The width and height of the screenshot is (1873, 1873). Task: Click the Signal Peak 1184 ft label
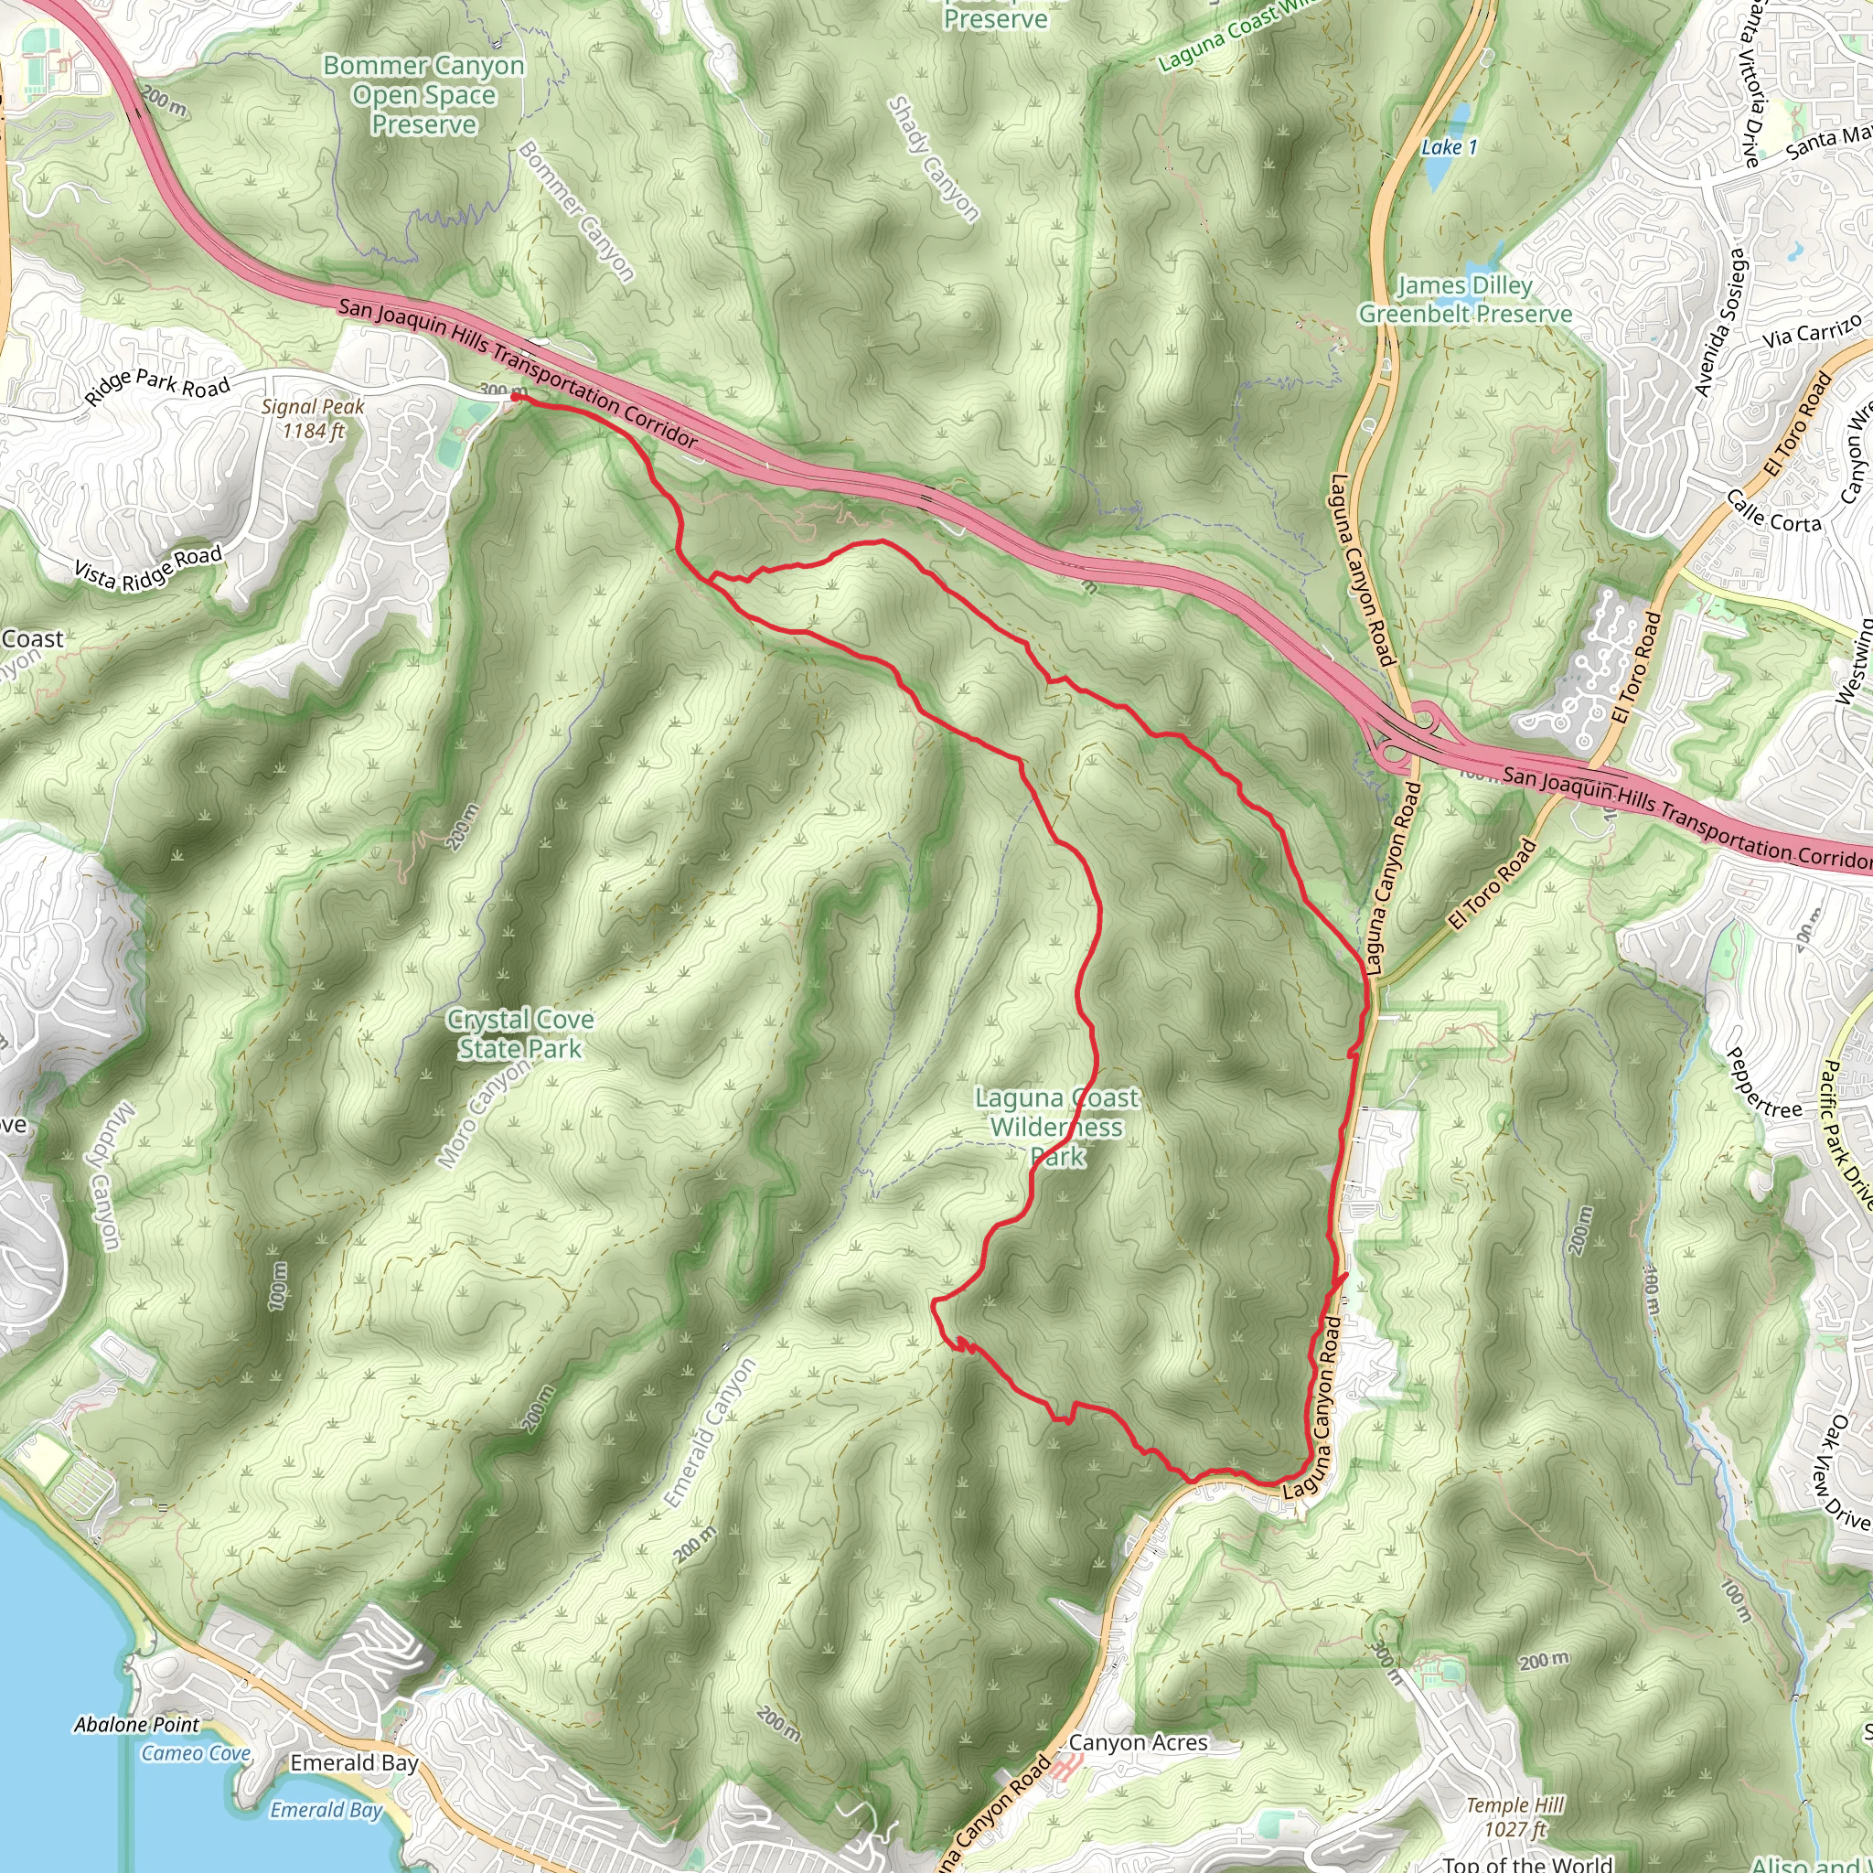point(312,419)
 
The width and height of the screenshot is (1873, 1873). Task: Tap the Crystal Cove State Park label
point(519,1033)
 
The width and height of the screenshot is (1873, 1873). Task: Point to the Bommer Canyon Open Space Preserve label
point(423,95)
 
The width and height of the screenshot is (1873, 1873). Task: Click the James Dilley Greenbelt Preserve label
point(1465,300)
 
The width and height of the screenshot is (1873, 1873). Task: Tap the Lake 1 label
point(1449,147)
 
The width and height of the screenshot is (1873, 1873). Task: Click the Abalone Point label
point(136,1725)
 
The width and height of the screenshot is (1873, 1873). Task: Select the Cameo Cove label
point(196,1753)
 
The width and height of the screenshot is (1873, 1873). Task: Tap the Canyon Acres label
point(1138,1743)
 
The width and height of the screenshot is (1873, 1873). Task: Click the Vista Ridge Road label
point(148,567)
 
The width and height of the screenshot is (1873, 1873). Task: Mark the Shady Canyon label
point(934,159)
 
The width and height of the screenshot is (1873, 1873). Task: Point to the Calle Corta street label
point(1774,511)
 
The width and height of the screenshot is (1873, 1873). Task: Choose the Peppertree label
point(1763,1083)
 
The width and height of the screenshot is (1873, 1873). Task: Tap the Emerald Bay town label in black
point(354,1762)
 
